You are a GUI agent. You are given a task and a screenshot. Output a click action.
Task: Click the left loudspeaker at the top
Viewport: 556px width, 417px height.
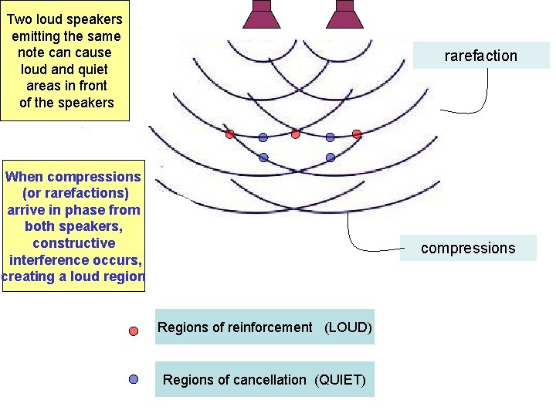point(263,13)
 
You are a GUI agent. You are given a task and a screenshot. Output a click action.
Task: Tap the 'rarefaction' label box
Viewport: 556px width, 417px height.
point(480,56)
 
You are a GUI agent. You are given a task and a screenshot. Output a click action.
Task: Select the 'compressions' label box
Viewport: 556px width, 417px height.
point(467,248)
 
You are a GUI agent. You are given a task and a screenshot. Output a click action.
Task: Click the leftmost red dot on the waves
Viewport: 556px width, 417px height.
point(229,134)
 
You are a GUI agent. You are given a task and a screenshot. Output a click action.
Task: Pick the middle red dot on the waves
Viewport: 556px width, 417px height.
point(296,134)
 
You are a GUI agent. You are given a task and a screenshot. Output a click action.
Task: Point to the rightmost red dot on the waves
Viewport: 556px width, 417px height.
point(357,134)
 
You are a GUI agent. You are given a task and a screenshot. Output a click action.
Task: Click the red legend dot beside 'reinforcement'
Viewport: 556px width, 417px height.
point(134,331)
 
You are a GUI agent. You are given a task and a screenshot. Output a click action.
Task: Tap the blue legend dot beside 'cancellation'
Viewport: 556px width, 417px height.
point(134,379)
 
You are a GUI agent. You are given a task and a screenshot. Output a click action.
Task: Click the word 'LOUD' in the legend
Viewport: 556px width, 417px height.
point(348,327)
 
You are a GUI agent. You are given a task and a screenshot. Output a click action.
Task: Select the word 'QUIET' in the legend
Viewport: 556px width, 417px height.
point(341,380)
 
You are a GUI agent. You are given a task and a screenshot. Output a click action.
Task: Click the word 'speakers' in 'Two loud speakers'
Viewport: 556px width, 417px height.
point(96,19)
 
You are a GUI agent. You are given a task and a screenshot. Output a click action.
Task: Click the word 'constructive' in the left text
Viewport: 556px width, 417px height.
point(73,243)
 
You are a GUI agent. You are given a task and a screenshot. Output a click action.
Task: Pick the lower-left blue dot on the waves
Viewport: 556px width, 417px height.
point(263,158)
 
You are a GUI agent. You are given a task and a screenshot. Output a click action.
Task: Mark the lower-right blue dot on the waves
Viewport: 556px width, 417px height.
point(331,158)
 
